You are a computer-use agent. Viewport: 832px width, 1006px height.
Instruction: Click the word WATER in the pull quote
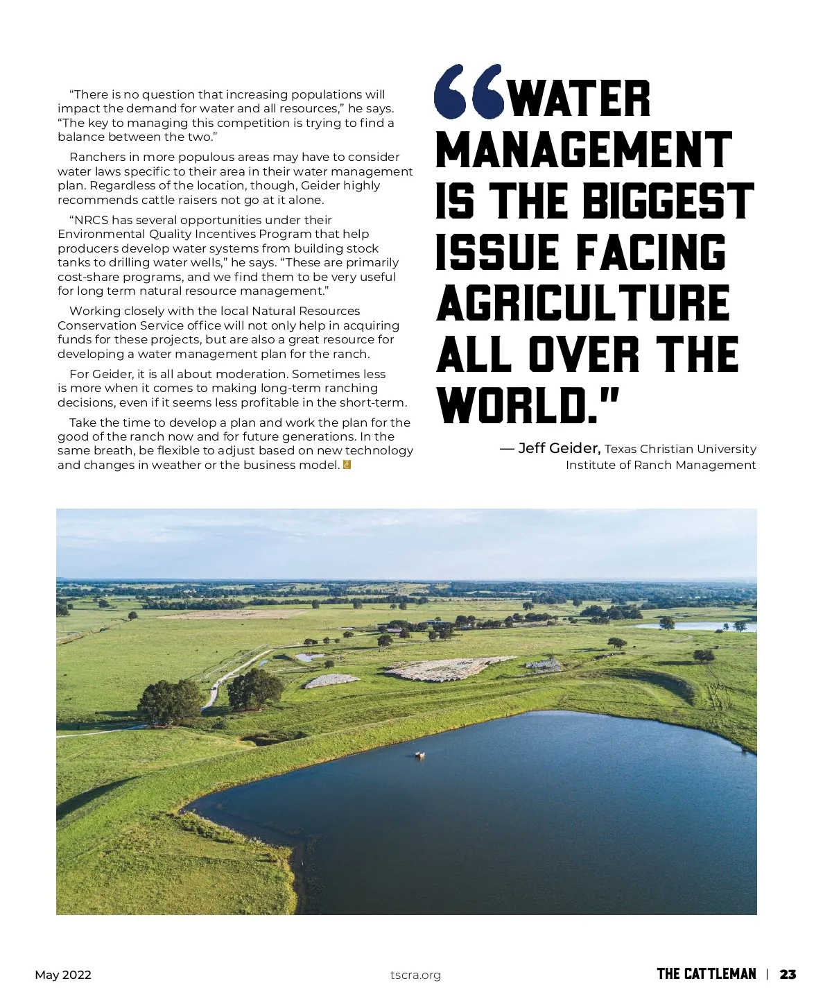point(580,99)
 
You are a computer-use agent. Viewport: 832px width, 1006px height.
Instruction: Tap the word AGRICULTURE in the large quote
point(582,303)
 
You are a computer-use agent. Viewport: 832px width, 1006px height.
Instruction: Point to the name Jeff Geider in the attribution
point(559,448)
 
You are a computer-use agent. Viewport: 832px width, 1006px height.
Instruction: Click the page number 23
point(788,974)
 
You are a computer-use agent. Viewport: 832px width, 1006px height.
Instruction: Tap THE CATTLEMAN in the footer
point(706,974)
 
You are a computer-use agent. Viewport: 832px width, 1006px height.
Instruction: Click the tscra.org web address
point(415,975)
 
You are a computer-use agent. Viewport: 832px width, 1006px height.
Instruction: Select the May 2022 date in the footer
point(63,975)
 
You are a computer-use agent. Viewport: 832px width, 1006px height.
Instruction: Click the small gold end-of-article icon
point(347,465)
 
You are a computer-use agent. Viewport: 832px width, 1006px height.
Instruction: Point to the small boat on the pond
point(419,755)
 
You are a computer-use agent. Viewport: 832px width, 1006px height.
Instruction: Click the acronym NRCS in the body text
point(91,220)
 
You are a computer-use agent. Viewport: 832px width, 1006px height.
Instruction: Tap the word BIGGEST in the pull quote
point(667,201)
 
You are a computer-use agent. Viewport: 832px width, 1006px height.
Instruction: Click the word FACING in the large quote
point(650,253)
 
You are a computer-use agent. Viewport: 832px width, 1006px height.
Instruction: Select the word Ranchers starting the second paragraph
point(98,157)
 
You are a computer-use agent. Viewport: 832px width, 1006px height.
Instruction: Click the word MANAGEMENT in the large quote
point(584,150)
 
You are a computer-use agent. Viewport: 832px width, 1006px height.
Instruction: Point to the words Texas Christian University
point(680,449)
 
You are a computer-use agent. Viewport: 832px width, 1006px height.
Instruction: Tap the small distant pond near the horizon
point(693,626)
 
